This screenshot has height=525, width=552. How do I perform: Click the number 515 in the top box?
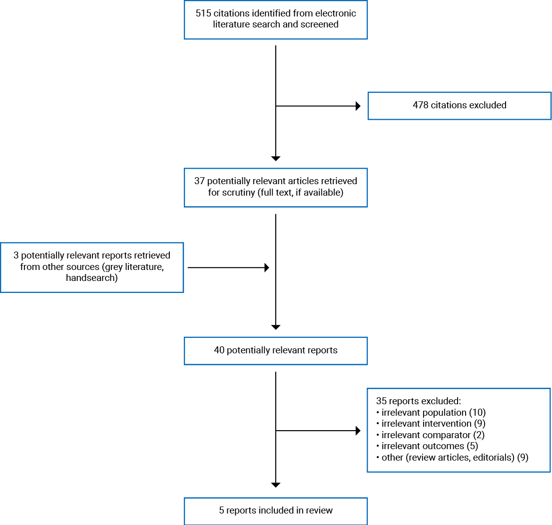click(203, 13)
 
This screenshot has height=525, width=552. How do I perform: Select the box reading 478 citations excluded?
click(459, 105)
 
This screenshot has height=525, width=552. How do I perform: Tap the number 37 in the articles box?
click(199, 181)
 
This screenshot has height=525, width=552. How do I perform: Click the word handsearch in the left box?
click(91, 278)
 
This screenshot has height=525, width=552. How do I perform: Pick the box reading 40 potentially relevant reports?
click(275, 350)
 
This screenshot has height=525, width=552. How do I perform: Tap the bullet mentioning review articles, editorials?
click(452, 457)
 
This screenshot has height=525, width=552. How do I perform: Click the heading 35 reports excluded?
click(418, 401)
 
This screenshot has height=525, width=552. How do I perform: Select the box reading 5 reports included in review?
click(275, 511)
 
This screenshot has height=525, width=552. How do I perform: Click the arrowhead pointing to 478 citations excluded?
click(357, 106)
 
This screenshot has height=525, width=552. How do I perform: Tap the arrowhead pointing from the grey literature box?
click(266, 268)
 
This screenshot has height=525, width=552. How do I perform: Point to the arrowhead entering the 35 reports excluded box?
click(357, 430)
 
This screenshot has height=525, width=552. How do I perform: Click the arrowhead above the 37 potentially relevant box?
click(276, 158)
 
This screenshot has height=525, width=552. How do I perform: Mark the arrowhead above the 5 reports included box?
click(276, 485)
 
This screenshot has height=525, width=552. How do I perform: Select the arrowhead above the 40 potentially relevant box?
click(276, 327)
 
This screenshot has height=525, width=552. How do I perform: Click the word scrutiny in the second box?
click(239, 192)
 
